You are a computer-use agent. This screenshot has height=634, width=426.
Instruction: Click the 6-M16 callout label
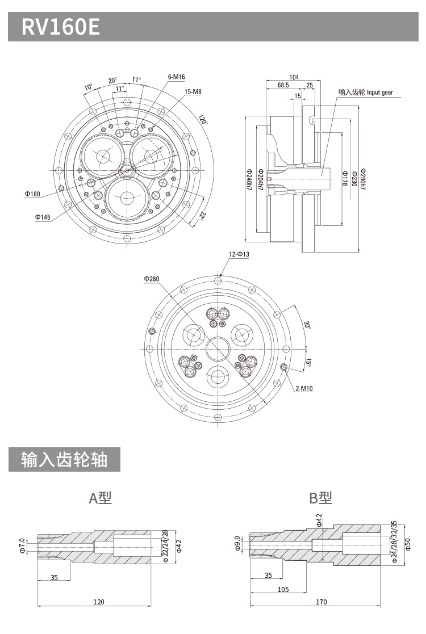pyautogui.click(x=177, y=77)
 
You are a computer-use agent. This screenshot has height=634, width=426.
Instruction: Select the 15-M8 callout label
pyautogui.click(x=193, y=91)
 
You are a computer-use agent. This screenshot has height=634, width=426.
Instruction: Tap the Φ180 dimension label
pyautogui.click(x=32, y=194)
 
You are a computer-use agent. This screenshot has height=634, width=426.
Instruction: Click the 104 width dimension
pyautogui.click(x=294, y=77)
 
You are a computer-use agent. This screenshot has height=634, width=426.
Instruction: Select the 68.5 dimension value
pyautogui.click(x=283, y=85)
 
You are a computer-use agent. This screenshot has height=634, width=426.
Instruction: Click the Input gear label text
pyautogui.click(x=365, y=92)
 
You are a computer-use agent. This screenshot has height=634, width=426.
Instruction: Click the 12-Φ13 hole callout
pyautogui.click(x=239, y=255)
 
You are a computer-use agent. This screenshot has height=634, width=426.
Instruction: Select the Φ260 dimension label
pyautogui.click(x=152, y=279)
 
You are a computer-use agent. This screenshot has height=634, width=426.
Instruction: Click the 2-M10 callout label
pyautogui.click(x=304, y=389)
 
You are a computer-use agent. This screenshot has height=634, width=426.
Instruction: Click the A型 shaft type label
pyautogui.click(x=101, y=498)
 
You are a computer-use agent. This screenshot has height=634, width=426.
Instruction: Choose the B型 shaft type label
pyautogui.click(x=320, y=498)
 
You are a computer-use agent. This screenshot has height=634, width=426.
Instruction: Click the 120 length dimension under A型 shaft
pyautogui.click(x=98, y=602)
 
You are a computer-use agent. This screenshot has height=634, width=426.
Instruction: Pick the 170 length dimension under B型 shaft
pyautogui.click(x=321, y=602)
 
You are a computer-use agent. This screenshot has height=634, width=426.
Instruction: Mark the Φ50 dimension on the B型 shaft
pyautogui.click(x=407, y=544)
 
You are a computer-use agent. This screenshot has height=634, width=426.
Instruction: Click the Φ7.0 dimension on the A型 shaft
pyautogui.click(x=22, y=545)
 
